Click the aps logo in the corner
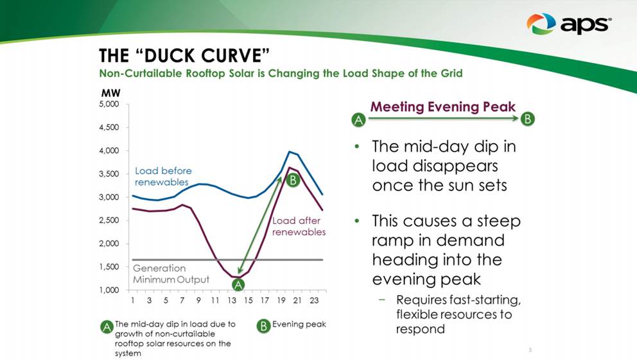click(568, 24)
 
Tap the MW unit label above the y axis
click(110, 92)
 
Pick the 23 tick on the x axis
click(314, 300)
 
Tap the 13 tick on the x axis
click(232, 300)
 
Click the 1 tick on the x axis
click(133, 300)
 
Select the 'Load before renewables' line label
click(163, 176)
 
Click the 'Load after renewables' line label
click(299, 226)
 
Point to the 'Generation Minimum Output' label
click(171, 274)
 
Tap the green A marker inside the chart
click(238, 284)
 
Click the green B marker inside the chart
click(292, 181)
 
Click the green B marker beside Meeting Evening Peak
click(528, 119)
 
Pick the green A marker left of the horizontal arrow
click(359, 119)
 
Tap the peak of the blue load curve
click(290, 151)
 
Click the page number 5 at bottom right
click(530, 350)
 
